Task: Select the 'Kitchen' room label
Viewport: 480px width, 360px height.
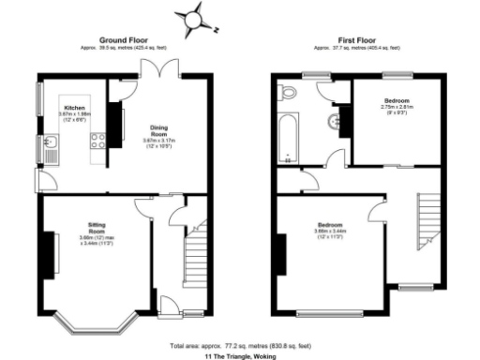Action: (74, 108)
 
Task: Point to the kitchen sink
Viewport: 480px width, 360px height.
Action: (52, 143)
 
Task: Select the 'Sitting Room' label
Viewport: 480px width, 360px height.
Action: (97, 229)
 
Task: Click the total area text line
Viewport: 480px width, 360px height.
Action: (241, 346)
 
